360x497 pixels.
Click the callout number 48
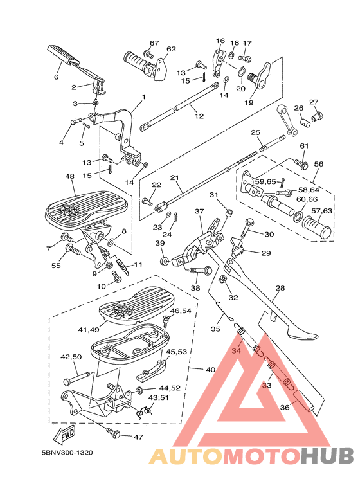point(69,176)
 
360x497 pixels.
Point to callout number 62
point(171,49)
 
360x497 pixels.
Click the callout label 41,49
point(88,330)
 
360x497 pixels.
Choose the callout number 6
point(56,77)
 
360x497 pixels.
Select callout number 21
point(174,177)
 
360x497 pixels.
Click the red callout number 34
point(236,352)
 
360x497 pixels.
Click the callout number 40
point(210,370)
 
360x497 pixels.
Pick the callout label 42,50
point(71,356)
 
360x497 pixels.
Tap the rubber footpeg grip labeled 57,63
point(316,228)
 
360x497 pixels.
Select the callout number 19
point(249,102)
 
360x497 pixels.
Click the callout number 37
point(199,211)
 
